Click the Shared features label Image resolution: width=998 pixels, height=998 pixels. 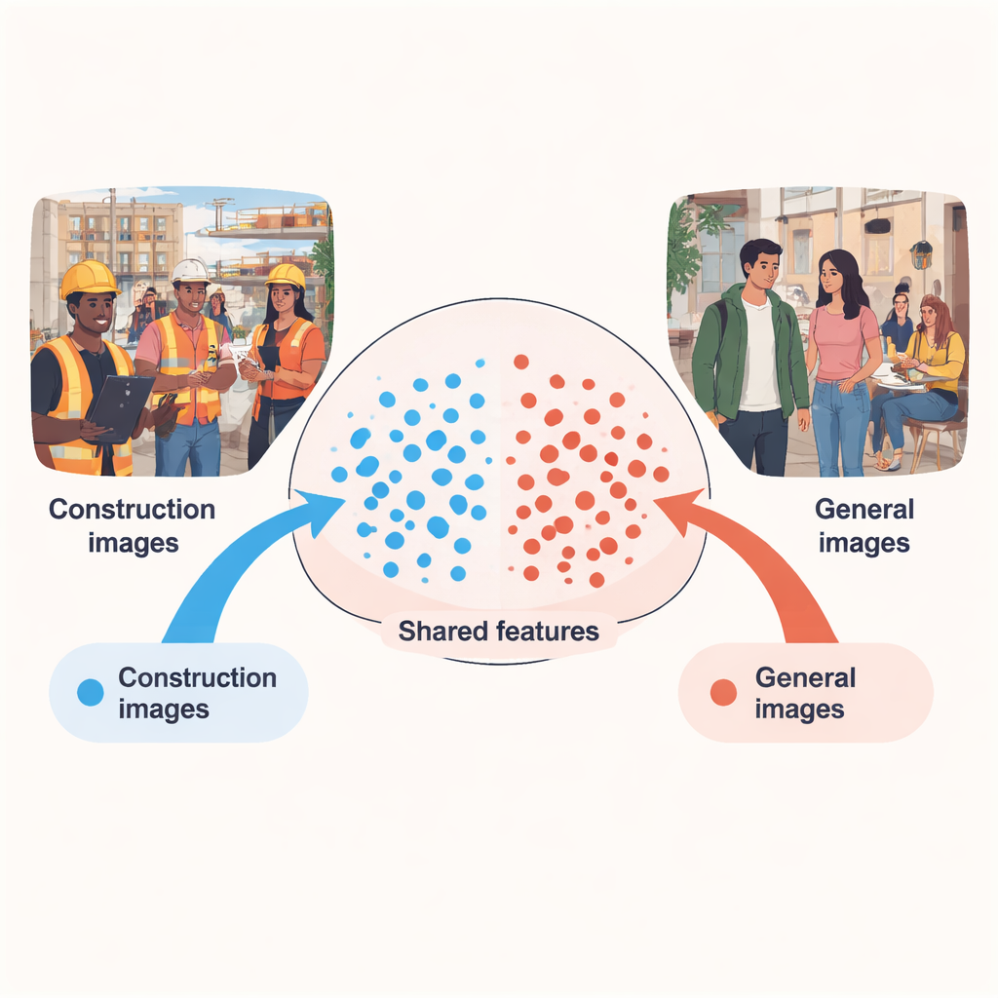pos(498,631)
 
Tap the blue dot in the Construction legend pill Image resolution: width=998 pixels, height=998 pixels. pos(90,692)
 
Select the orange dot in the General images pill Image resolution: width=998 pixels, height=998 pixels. pos(723,692)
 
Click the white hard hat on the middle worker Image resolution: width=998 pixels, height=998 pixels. pos(190,270)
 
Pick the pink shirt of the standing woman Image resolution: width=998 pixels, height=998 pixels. pos(841,341)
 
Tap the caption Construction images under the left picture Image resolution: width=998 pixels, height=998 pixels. pos(132,525)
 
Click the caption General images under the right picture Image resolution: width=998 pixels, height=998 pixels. pos(864,525)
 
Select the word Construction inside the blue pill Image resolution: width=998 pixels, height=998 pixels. pos(197,677)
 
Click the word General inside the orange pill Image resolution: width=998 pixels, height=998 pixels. pos(805,677)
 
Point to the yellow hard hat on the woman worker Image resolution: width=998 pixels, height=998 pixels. pos(285,276)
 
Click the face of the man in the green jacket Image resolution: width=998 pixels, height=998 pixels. pos(762,265)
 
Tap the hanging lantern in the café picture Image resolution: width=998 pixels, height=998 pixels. pos(920,255)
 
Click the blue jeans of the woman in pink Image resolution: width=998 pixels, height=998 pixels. pos(839,424)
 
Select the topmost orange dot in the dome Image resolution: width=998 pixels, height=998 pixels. pos(520,362)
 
